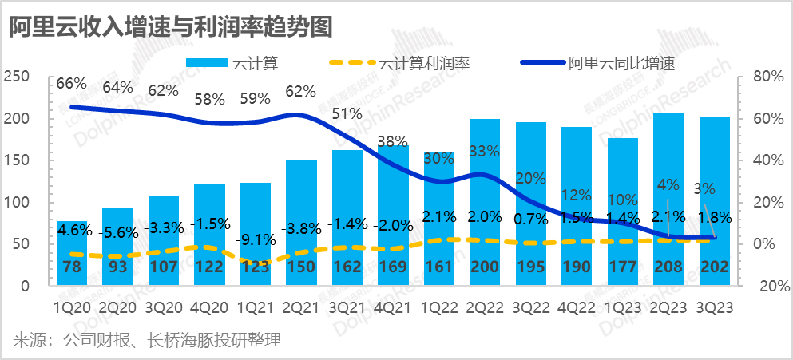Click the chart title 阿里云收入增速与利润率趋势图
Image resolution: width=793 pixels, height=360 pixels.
[170, 26]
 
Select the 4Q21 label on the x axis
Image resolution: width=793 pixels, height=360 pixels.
[393, 305]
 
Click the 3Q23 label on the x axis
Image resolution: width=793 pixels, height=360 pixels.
[714, 305]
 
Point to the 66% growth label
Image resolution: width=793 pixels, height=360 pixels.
[71, 84]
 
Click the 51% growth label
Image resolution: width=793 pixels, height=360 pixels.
[347, 114]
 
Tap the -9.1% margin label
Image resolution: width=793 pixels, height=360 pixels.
[256, 238]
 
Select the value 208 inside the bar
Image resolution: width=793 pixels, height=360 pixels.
[668, 267]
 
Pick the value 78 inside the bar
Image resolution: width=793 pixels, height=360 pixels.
[72, 267]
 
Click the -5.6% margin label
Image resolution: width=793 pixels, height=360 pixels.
[117, 232]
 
